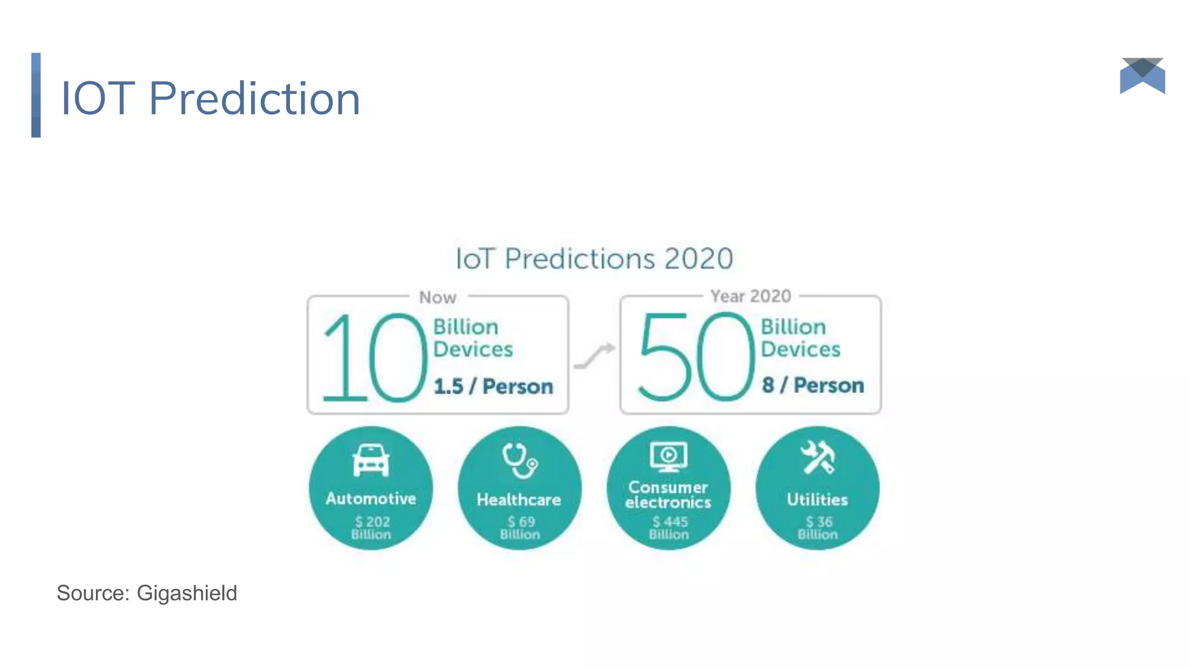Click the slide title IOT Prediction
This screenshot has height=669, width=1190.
pos(210,98)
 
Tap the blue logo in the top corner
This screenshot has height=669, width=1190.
pos(1142,75)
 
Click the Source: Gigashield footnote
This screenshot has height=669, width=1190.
pos(146,593)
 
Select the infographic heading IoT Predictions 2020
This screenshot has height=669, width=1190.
pos(594,259)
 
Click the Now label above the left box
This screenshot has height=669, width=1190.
pos(438,297)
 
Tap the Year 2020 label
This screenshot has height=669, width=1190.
pos(750,296)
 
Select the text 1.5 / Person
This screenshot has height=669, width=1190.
pos(493,386)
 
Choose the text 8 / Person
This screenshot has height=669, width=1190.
pos(813,385)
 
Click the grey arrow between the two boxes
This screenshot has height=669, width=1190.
pos(594,355)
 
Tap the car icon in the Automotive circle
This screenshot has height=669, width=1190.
pos(371,460)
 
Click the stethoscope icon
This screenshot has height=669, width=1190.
pos(519,461)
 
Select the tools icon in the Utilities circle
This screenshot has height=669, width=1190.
pos(818,458)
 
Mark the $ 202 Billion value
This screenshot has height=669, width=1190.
pos(371,528)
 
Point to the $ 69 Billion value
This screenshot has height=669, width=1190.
pos(520,528)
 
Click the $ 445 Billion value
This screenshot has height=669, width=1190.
pos(669,528)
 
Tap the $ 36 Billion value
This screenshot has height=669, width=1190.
pos(818,528)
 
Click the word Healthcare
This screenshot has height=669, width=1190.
pos(519,500)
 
